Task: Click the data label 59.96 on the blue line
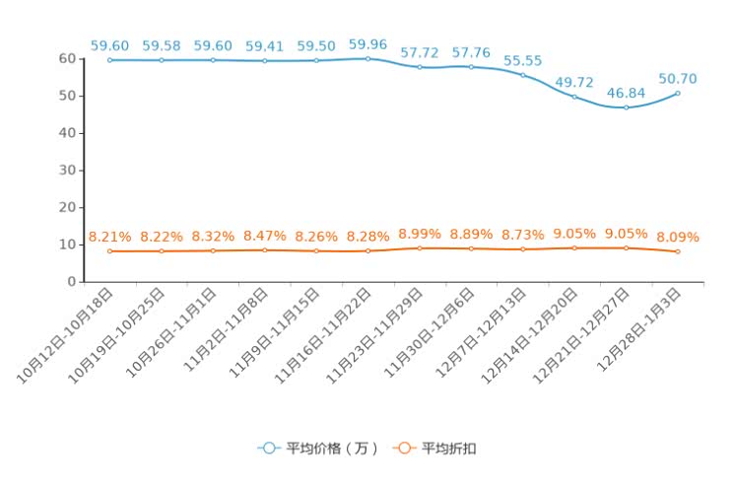coord(367,44)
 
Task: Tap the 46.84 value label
coord(626,93)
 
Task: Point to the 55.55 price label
coord(522,60)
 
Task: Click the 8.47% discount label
coord(264,236)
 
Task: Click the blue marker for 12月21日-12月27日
coord(626,107)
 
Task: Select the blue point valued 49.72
coord(574,97)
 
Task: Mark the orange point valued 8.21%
coord(109,251)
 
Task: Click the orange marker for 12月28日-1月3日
coord(677,251)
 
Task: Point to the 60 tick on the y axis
coord(67,58)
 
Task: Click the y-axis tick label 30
coord(67,170)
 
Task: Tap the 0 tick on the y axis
coord(71,281)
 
